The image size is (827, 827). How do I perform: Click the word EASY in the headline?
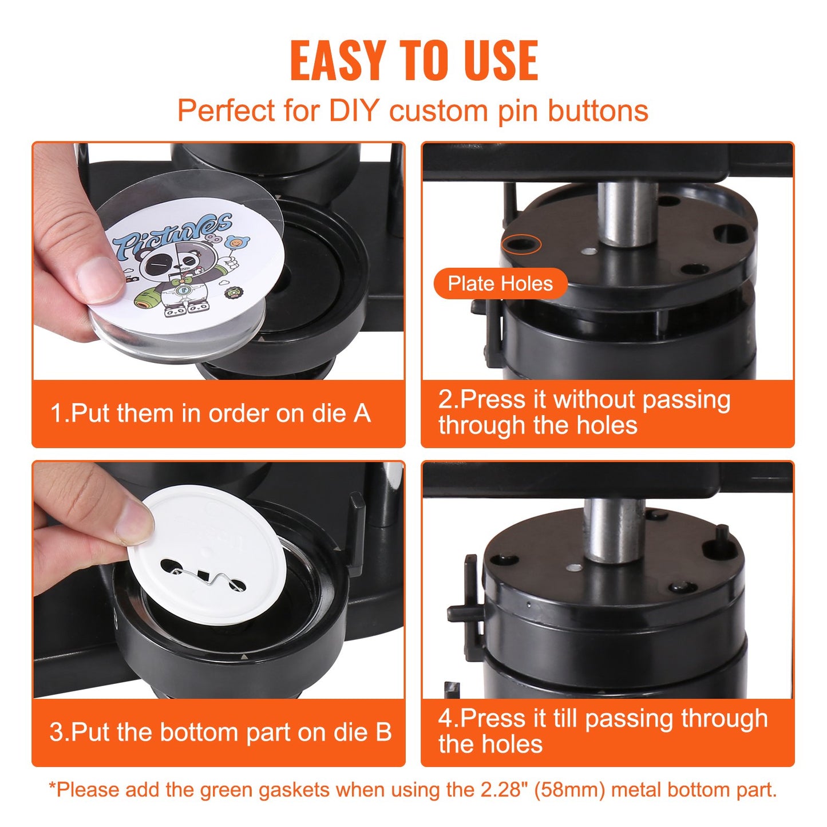click(x=337, y=60)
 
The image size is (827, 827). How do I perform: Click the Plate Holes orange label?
click(x=500, y=283)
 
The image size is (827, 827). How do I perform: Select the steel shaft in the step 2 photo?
click(x=627, y=212)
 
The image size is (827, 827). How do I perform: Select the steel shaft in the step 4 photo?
click(x=614, y=529)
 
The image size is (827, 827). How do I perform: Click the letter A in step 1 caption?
click(x=362, y=414)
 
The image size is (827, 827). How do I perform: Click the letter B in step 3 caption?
click(x=383, y=733)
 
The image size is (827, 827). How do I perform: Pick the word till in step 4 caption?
click(x=566, y=719)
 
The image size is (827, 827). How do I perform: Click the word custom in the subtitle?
click(x=438, y=110)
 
